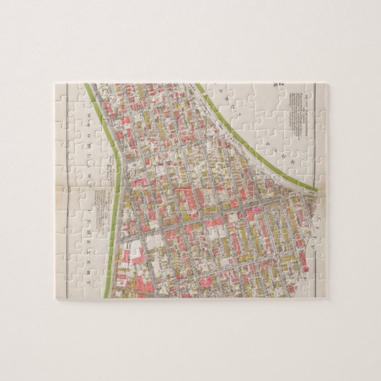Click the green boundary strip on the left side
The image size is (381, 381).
click(x=113, y=216)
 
